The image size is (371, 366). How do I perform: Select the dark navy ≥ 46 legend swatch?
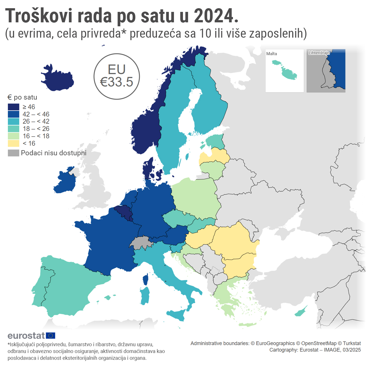[14, 107]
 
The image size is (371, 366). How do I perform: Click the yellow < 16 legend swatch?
[14, 143]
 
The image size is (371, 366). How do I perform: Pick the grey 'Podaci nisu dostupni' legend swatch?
[14, 153]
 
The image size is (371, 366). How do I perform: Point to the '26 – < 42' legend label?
[36, 121]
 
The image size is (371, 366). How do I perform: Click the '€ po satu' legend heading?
[22, 97]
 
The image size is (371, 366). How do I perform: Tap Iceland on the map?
[58, 79]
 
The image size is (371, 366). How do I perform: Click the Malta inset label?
[272, 54]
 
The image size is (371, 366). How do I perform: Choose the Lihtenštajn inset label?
[319, 53]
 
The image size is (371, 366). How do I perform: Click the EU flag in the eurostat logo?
[51, 335]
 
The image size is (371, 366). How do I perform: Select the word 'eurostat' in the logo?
[26, 335]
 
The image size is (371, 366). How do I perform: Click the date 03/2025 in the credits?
[352, 350]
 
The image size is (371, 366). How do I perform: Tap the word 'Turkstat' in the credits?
[352, 343]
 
